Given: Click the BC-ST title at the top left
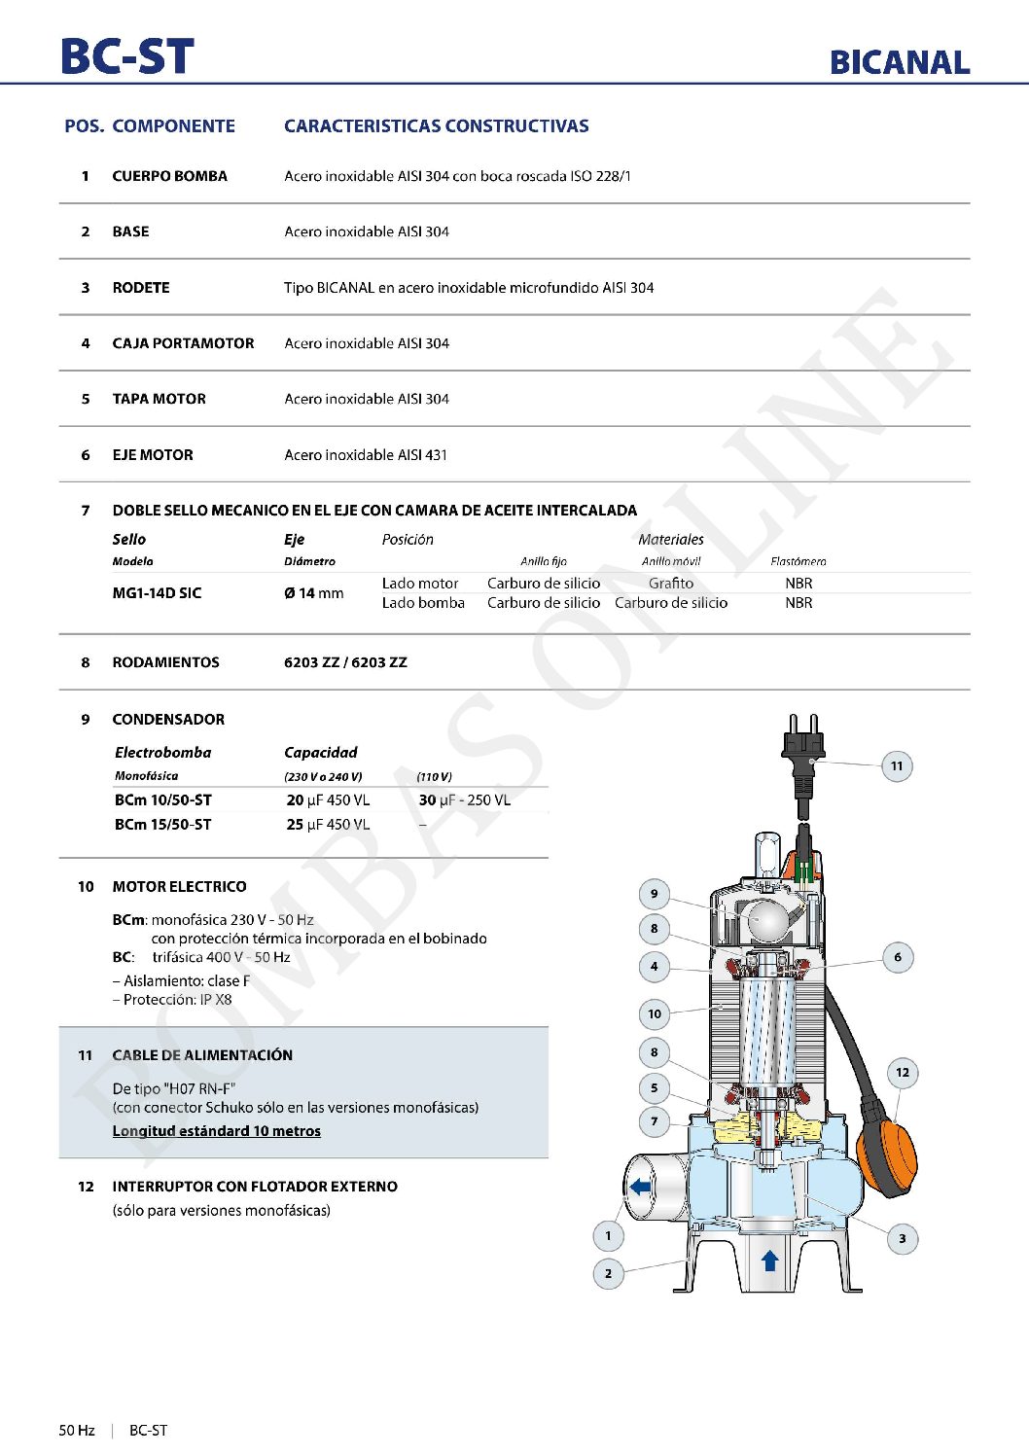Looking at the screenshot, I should (127, 56).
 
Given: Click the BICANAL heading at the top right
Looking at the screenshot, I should (900, 62).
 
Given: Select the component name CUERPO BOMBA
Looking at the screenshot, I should (169, 176).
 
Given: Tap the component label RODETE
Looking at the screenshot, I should (141, 288).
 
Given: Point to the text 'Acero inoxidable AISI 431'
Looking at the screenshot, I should (366, 455).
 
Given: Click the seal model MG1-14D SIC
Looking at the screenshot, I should (157, 593).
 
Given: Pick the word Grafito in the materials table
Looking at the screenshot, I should (671, 584).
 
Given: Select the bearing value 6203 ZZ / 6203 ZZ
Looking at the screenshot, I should (345, 662).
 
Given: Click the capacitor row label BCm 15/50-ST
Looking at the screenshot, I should (162, 825).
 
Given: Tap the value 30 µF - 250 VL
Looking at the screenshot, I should (464, 800).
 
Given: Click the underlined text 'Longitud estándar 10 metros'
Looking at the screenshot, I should (216, 1131).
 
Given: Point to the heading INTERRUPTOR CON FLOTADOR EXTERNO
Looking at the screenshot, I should (255, 1187).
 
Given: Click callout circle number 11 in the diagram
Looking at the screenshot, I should (897, 766).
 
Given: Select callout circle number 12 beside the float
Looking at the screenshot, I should (903, 1073).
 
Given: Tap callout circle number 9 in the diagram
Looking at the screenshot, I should (654, 894).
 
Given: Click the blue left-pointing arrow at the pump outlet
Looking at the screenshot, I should (640, 1187).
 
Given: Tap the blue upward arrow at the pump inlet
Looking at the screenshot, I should (770, 1261).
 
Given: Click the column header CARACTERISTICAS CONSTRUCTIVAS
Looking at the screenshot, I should (436, 126).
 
